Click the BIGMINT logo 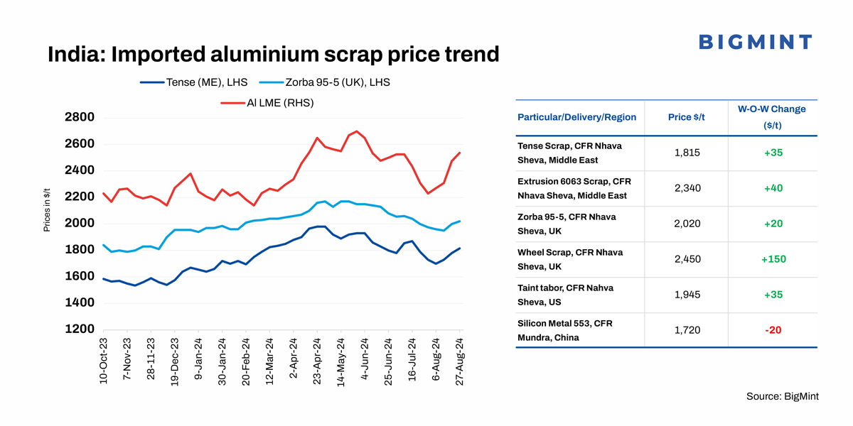(755, 42)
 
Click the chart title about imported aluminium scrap (273, 54)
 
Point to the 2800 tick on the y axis (78, 118)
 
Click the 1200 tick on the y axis (78, 329)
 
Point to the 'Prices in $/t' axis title (47, 209)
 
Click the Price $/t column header (687, 117)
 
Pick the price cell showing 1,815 (687, 153)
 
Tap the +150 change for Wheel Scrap (772, 259)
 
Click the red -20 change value (772, 330)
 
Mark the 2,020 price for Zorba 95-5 (687, 224)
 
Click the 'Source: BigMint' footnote (782, 396)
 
